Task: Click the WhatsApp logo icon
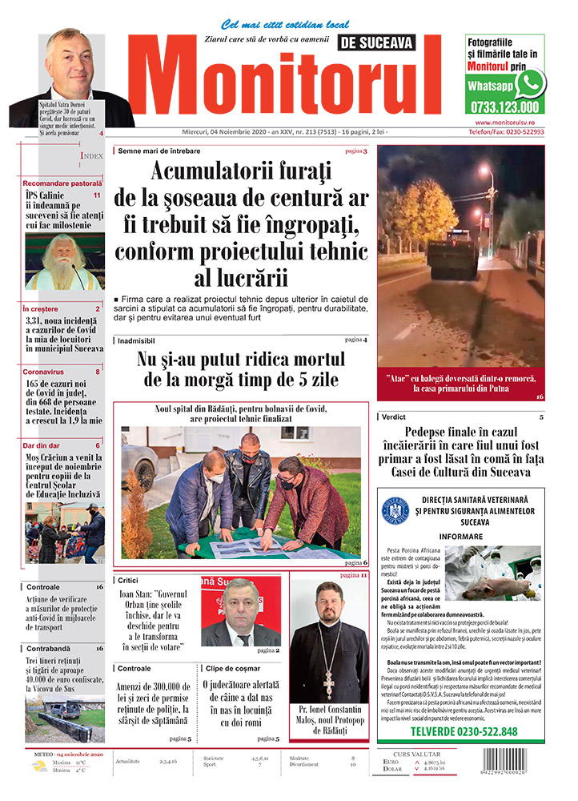click(530, 83)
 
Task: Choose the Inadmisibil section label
click(141, 340)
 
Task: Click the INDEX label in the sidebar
click(92, 157)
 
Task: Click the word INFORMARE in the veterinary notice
click(460, 537)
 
